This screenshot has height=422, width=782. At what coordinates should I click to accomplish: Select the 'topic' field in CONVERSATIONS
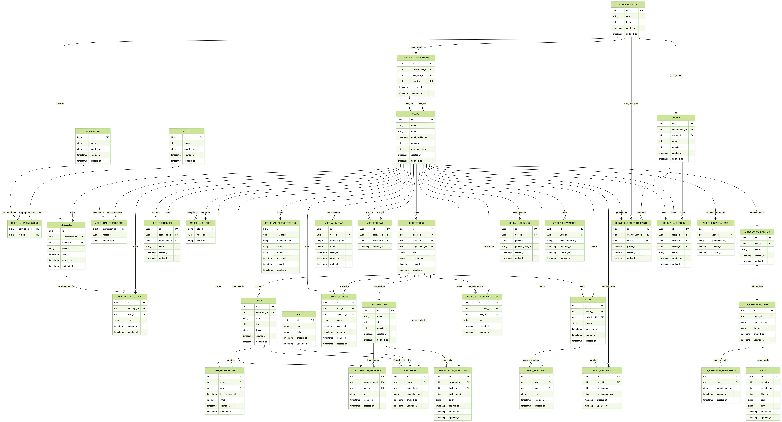point(628,22)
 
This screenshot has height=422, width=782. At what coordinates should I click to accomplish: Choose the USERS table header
point(416,114)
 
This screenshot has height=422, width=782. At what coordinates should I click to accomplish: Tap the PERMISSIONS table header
point(93,131)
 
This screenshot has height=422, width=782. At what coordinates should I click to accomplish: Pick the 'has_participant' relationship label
point(631,103)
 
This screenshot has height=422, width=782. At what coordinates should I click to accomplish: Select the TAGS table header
point(299,314)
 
